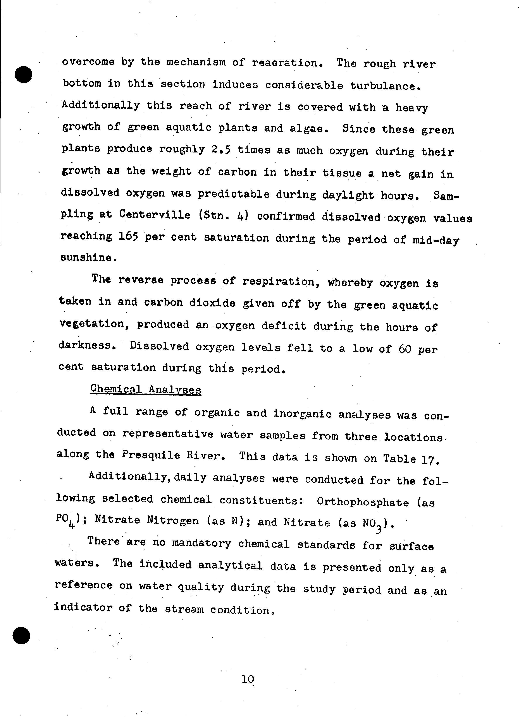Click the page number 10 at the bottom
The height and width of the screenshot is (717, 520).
pyautogui.click(x=248, y=679)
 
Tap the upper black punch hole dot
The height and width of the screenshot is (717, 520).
pyautogui.click(x=23, y=75)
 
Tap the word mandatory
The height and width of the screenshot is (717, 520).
pyautogui.click(x=201, y=543)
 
